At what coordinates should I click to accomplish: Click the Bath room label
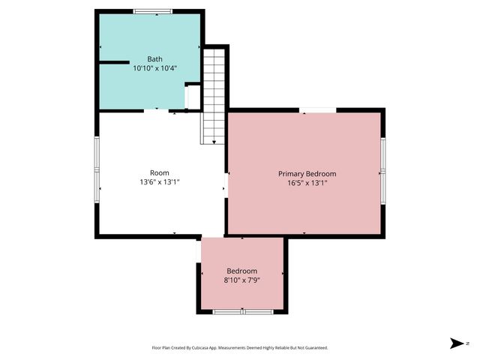tap(154, 59)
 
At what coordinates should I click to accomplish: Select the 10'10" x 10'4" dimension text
tap(154, 68)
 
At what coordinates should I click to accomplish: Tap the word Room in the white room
tap(160, 172)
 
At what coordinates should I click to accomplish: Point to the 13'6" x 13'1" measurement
tap(160, 181)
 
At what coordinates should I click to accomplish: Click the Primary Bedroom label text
tap(307, 173)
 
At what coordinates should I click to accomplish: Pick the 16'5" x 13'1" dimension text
tap(307, 182)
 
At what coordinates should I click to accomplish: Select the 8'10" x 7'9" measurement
tap(241, 280)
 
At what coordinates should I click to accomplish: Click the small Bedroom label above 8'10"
tap(241, 271)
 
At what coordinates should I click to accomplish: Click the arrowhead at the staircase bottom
tap(214, 142)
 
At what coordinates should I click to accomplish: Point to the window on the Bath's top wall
tap(152, 11)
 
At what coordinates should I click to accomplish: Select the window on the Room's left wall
tap(96, 169)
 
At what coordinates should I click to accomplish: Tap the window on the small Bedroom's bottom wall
tap(241, 310)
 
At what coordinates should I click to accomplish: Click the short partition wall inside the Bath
tap(114, 62)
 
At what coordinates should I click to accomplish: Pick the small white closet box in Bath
tap(193, 97)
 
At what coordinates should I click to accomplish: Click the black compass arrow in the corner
tap(456, 343)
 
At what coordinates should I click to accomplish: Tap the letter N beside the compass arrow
tap(467, 343)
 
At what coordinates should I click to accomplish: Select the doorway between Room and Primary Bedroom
tap(226, 187)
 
